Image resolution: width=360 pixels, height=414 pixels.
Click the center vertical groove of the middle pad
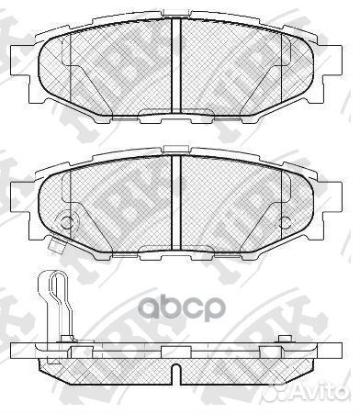[x=175, y=197]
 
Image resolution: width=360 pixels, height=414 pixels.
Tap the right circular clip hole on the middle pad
[x=287, y=221]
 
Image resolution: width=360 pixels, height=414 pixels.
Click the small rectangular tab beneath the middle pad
[x=57, y=244]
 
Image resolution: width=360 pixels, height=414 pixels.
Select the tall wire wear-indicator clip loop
[x=57, y=303]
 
